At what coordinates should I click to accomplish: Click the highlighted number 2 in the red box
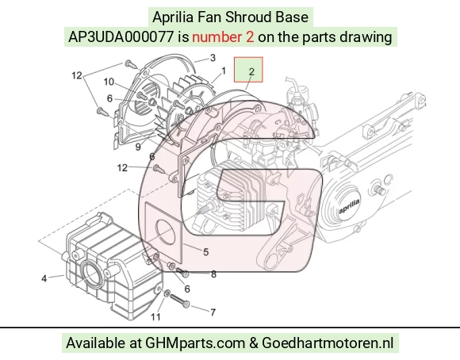coord(251,71)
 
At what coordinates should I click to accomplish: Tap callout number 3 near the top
coord(213,58)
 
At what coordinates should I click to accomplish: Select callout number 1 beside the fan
coord(224,71)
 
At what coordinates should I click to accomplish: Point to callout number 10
coord(109,82)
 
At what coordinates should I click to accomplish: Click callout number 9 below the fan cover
coord(138,147)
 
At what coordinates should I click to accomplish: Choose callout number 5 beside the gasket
coord(205,251)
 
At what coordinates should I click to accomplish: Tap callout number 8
coord(213,274)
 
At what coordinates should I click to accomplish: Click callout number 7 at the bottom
coord(213,312)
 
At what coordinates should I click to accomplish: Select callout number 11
coord(155,317)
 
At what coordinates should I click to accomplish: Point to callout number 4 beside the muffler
coord(44,278)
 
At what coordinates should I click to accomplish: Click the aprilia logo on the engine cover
coord(349,206)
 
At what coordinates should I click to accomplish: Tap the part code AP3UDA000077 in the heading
coord(121,37)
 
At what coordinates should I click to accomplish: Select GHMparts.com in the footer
coord(195,343)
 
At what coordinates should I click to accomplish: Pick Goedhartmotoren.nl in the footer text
coord(327,343)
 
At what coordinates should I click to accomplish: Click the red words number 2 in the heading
coord(223,37)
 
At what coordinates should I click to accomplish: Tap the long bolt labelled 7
coord(179,301)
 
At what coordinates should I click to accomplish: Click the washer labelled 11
coord(167,293)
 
